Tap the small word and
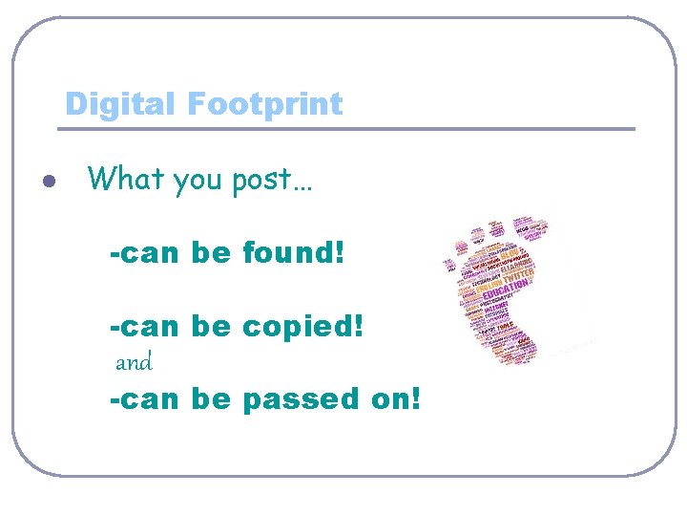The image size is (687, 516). (x=134, y=363)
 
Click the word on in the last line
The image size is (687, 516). (x=389, y=399)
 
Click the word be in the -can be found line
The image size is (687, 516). (x=211, y=254)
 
